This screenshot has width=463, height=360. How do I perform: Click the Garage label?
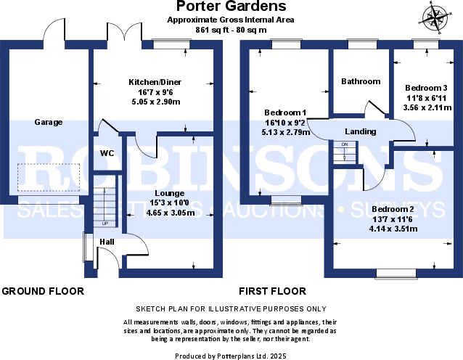49,123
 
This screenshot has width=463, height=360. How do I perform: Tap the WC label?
107,153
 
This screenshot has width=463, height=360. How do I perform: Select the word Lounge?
169,193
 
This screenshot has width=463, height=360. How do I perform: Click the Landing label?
361,131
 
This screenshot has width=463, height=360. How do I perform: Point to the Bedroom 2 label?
393,210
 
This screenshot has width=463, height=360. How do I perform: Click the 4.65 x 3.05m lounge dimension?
169,213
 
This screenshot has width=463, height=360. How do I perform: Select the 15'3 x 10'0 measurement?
169,203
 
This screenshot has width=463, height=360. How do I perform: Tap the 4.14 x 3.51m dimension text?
393,229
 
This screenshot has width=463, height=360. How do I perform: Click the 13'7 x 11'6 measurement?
393,219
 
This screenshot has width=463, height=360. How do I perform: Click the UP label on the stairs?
105,224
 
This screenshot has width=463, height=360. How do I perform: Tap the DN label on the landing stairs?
345,144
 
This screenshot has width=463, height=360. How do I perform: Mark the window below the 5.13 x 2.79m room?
285,200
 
